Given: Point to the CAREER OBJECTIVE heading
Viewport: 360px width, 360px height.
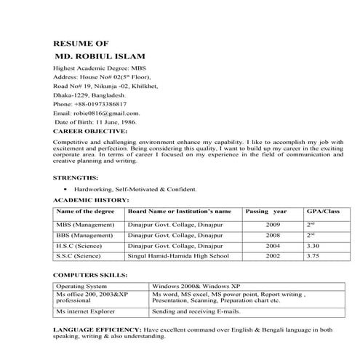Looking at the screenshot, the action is click(90, 132).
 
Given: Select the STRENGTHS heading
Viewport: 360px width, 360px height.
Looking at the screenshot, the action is click(76, 177).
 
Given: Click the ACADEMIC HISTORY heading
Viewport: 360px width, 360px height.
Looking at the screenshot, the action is click(91, 199).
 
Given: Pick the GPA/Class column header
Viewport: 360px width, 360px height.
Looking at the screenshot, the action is click(323, 211).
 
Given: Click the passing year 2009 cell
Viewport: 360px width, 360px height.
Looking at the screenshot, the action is click(273, 225).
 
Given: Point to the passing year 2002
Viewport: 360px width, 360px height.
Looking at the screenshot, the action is click(273, 256).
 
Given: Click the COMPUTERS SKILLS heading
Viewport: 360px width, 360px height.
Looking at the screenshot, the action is click(90, 276).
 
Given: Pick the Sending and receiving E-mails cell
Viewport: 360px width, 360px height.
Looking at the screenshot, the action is click(196, 311).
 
